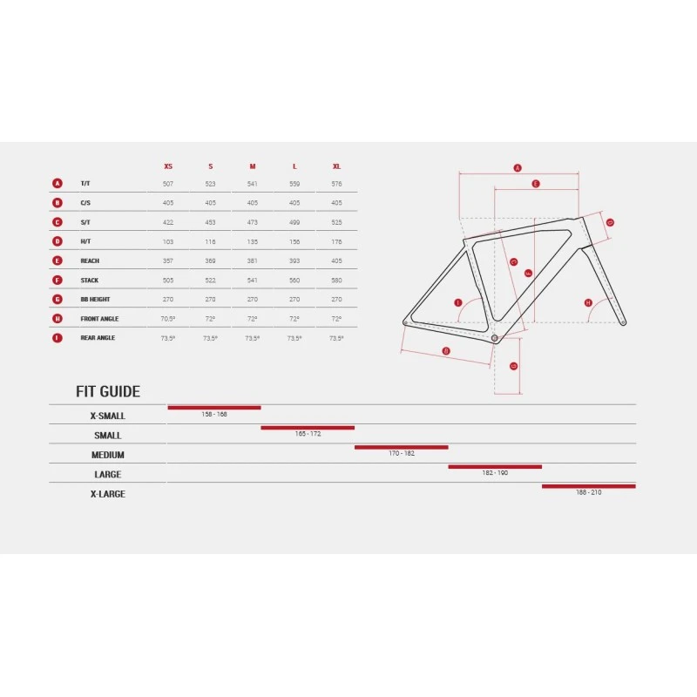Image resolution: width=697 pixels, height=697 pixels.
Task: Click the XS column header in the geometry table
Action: point(168,166)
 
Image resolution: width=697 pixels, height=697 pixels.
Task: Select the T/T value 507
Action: point(168,184)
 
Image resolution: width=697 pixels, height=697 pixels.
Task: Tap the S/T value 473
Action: point(253,222)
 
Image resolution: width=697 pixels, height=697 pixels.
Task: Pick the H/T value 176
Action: point(336,241)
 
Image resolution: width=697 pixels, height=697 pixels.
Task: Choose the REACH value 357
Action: point(168,261)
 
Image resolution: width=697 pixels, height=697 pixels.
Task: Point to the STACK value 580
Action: point(336,281)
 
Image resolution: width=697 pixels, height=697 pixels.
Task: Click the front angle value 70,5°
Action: point(168,319)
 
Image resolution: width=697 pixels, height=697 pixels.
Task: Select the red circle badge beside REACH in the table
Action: point(58,261)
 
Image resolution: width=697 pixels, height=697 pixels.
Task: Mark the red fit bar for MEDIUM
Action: point(401,447)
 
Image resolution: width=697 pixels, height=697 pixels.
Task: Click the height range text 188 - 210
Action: point(589,492)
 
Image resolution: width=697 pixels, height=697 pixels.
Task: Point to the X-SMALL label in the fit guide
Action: point(108,416)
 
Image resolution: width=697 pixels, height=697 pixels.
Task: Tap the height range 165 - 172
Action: point(308,433)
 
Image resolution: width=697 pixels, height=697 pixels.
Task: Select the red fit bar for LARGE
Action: point(495,467)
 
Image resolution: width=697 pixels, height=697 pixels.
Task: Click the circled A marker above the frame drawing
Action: point(517,167)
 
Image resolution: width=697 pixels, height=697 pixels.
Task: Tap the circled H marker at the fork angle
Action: point(588,302)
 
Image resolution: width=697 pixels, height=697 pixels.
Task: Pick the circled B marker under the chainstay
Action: point(446,351)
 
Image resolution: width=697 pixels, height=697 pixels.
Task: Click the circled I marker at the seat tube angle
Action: point(457,302)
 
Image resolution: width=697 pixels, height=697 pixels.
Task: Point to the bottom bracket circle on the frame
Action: point(495,336)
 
